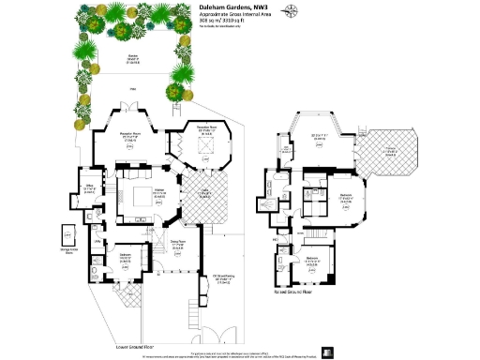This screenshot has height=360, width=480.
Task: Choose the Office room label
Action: pyautogui.click(x=90, y=190)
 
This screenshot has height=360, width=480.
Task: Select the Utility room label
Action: pyautogui.click(x=97, y=241)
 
